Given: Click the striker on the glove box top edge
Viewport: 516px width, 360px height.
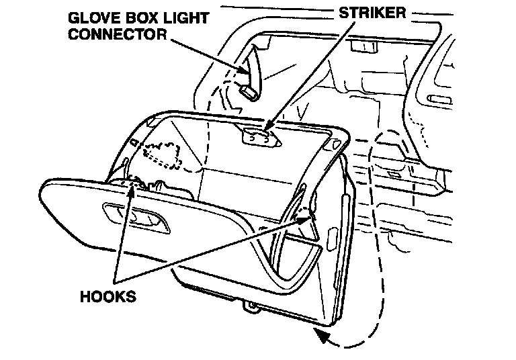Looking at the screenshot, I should coord(260,136).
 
